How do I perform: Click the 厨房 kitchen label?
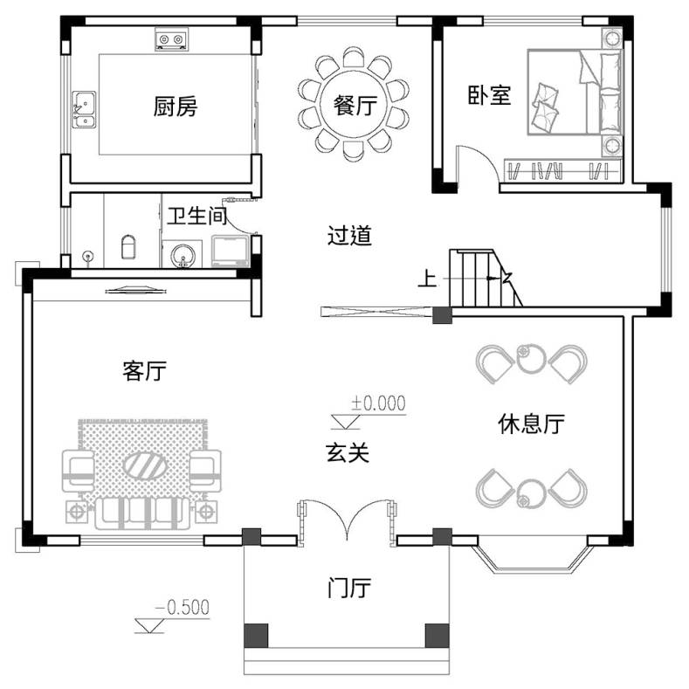pyautogui.click(x=176, y=107)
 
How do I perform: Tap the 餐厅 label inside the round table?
pyautogui.click(x=355, y=105)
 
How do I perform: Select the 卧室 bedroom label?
pyautogui.click(x=489, y=95)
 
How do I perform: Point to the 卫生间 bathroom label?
pyautogui.click(x=196, y=216)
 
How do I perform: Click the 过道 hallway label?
pyautogui.click(x=350, y=235)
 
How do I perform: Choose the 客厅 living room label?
pyautogui.click(x=145, y=371)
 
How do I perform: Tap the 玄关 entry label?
pyautogui.click(x=348, y=452)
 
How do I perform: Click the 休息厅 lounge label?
pyautogui.click(x=531, y=424)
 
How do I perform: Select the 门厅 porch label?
pyautogui.click(x=349, y=588)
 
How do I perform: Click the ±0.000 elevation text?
pyautogui.click(x=378, y=403)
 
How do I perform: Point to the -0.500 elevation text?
pyautogui.click(x=183, y=607)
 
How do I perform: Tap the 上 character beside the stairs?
pyautogui.click(x=427, y=279)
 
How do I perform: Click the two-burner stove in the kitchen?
pyautogui.click(x=171, y=39)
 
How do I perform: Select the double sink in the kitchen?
pyautogui.click(x=85, y=109)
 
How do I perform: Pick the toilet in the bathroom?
pyautogui.click(x=128, y=247)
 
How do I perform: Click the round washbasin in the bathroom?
pyautogui.click(x=183, y=255)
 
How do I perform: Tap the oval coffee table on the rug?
pyautogui.click(x=145, y=465)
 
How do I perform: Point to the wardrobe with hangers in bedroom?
pyautogui.click(x=562, y=170)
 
